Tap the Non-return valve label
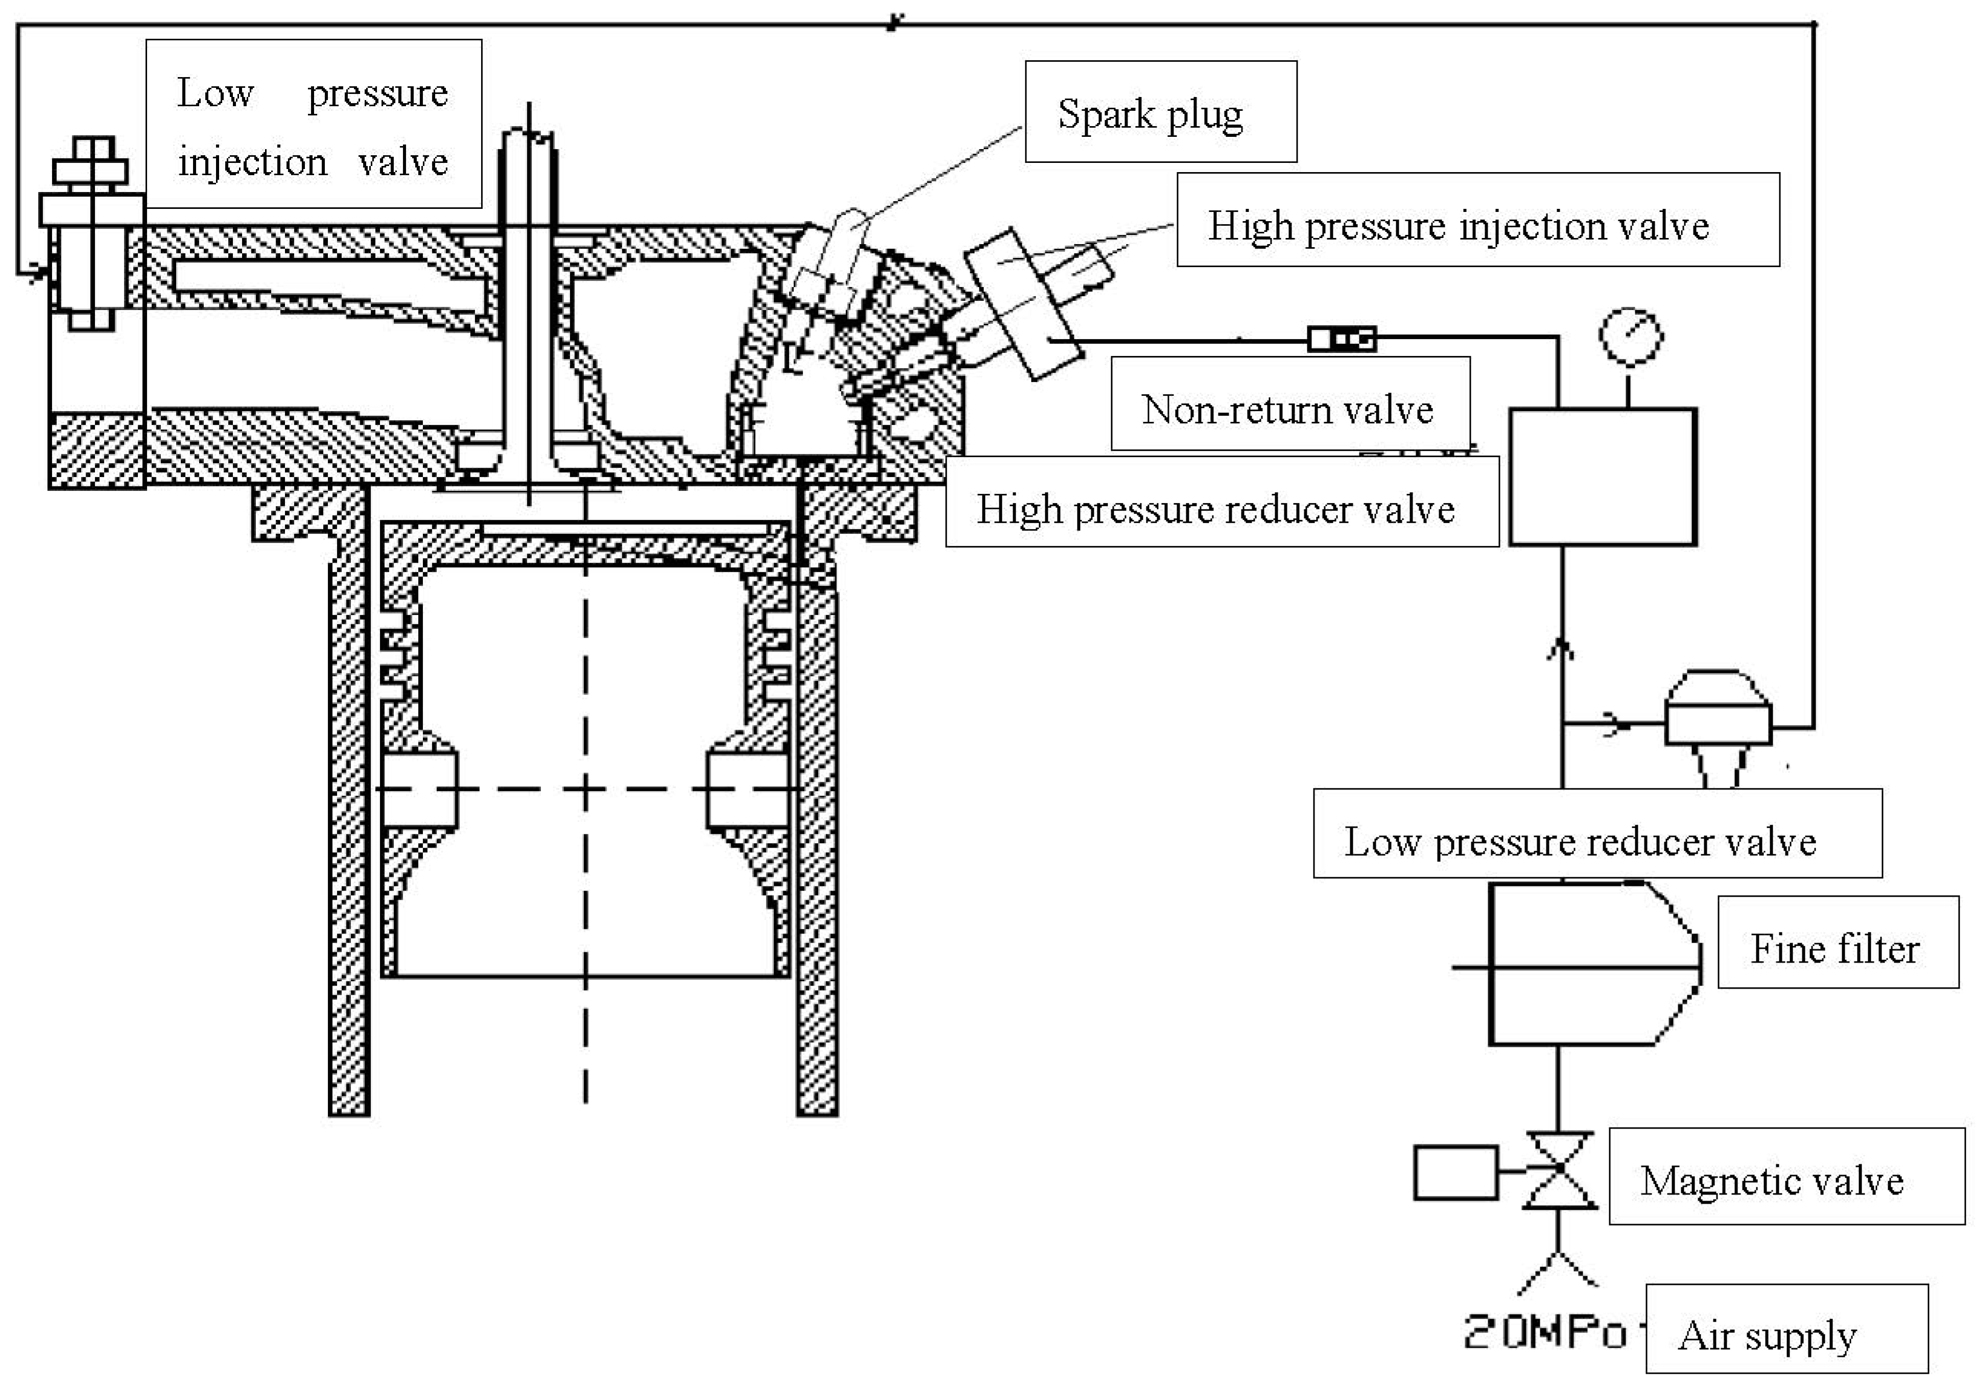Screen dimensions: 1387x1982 [x=1290, y=404]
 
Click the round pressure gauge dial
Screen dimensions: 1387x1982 [x=1631, y=336]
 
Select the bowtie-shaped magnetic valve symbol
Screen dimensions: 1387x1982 [x=1559, y=1170]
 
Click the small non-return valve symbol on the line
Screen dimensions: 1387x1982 [x=1342, y=339]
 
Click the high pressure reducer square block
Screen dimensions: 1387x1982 [x=1602, y=477]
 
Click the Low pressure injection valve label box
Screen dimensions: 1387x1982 [x=314, y=124]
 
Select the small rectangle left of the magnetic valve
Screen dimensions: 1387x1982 [x=1455, y=1172]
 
